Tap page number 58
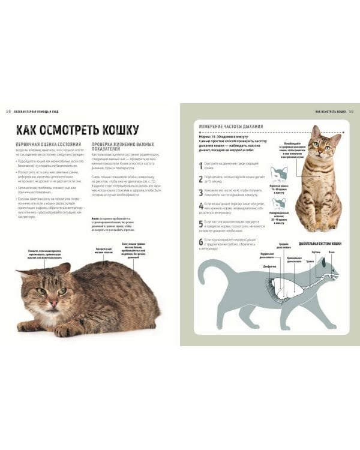8,111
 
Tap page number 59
351,111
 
